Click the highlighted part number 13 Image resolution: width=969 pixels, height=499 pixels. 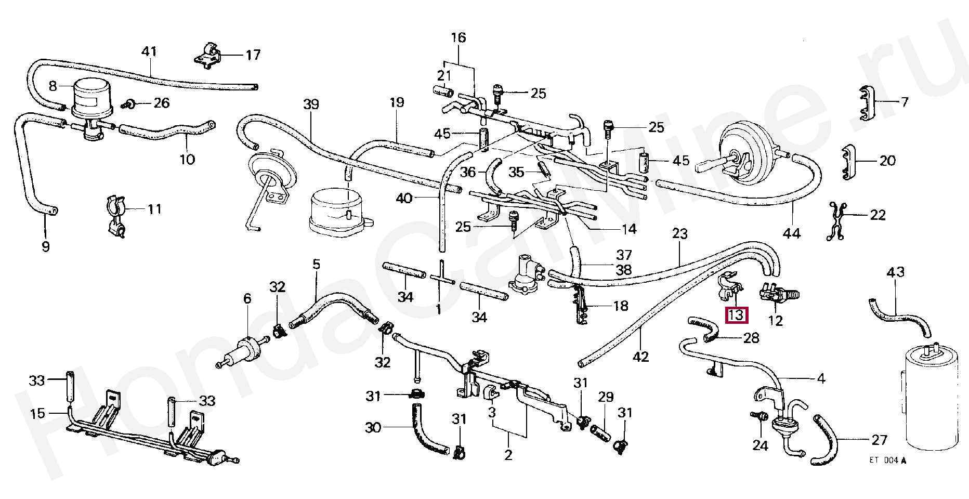(x=737, y=315)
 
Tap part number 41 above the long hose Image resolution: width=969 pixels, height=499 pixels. (x=149, y=51)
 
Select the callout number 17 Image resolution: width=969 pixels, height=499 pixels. (x=253, y=55)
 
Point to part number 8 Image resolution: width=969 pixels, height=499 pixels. (x=53, y=86)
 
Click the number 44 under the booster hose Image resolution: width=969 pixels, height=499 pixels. (x=792, y=233)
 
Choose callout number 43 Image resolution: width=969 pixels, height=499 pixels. (x=895, y=272)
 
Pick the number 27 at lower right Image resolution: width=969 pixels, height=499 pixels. (x=879, y=440)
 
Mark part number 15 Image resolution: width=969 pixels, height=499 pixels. (x=37, y=413)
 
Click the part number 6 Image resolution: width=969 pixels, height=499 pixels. (x=247, y=298)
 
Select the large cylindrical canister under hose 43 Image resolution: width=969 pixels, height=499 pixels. (x=931, y=395)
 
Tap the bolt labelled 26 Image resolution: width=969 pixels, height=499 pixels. (x=130, y=104)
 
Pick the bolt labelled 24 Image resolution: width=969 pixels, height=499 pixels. (x=759, y=416)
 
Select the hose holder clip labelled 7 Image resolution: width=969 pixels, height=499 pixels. (x=865, y=103)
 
